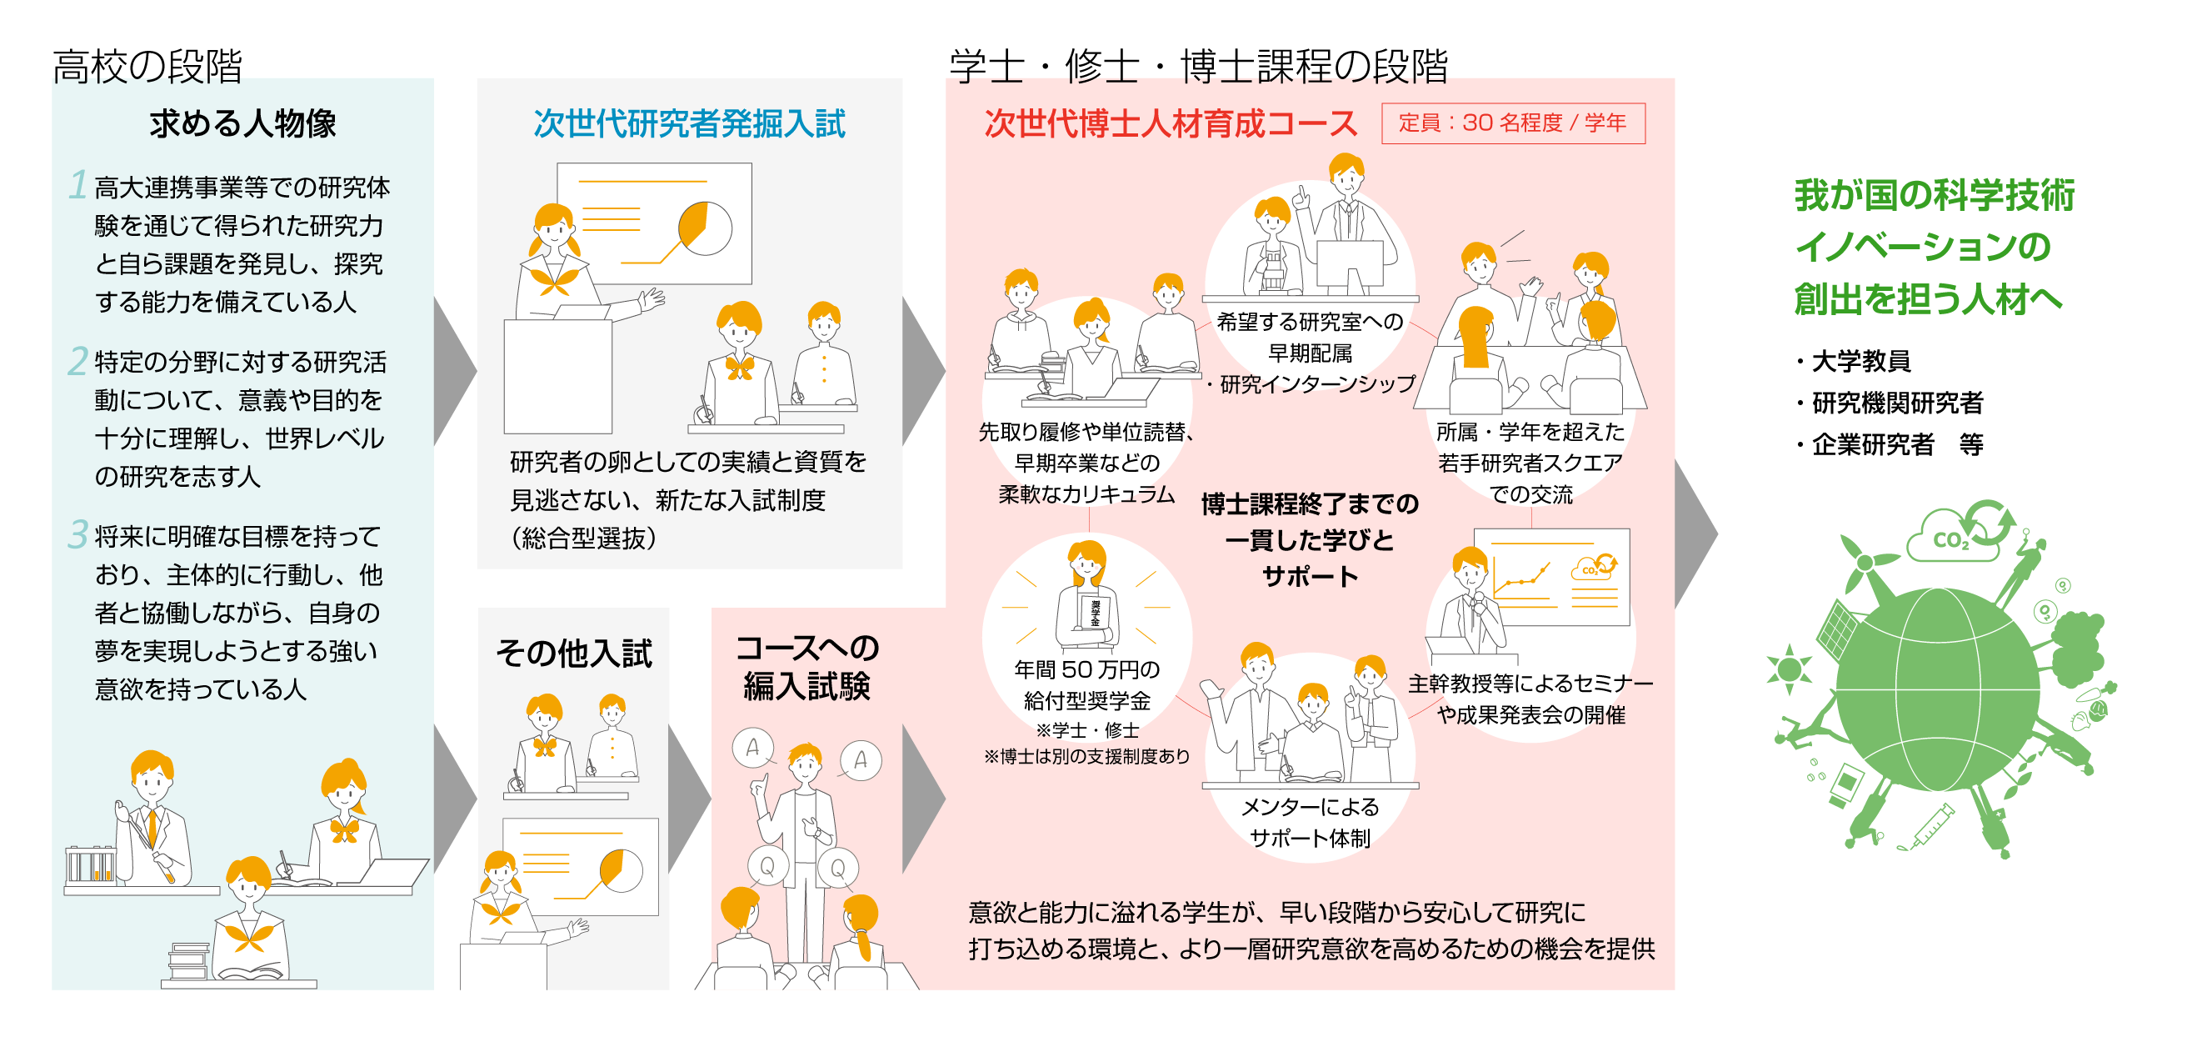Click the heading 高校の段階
pyautogui.click(x=147, y=66)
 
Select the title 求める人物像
pyautogui.click(x=242, y=124)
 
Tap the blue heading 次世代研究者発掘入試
pyautogui.click(x=688, y=124)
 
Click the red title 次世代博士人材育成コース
pyautogui.click(x=1170, y=124)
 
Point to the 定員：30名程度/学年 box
pyautogui.click(x=1512, y=123)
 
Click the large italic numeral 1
pyautogui.click(x=78, y=184)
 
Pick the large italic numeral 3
pyautogui.click(x=77, y=534)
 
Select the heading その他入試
pyautogui.click(x=574, y=653)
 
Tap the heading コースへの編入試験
pyautogui.click(x=806, y=668)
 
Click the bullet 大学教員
pyautogui.click(x=1860, y=361)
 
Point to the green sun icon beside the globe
pyautogui.click(x=1789, y=669)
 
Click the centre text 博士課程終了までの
pyautogui.click(x=1309, y=504)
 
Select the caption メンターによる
pyautogui.click(x=1309, y=807)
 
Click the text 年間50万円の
pyautogui.click(x=1086, y=670)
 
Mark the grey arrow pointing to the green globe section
pyautogui.click(x=1695, y=534)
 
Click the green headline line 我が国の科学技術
pyautogui.click(x=1934, y=195)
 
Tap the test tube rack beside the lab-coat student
pyautogui.click(x=90, y=864)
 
